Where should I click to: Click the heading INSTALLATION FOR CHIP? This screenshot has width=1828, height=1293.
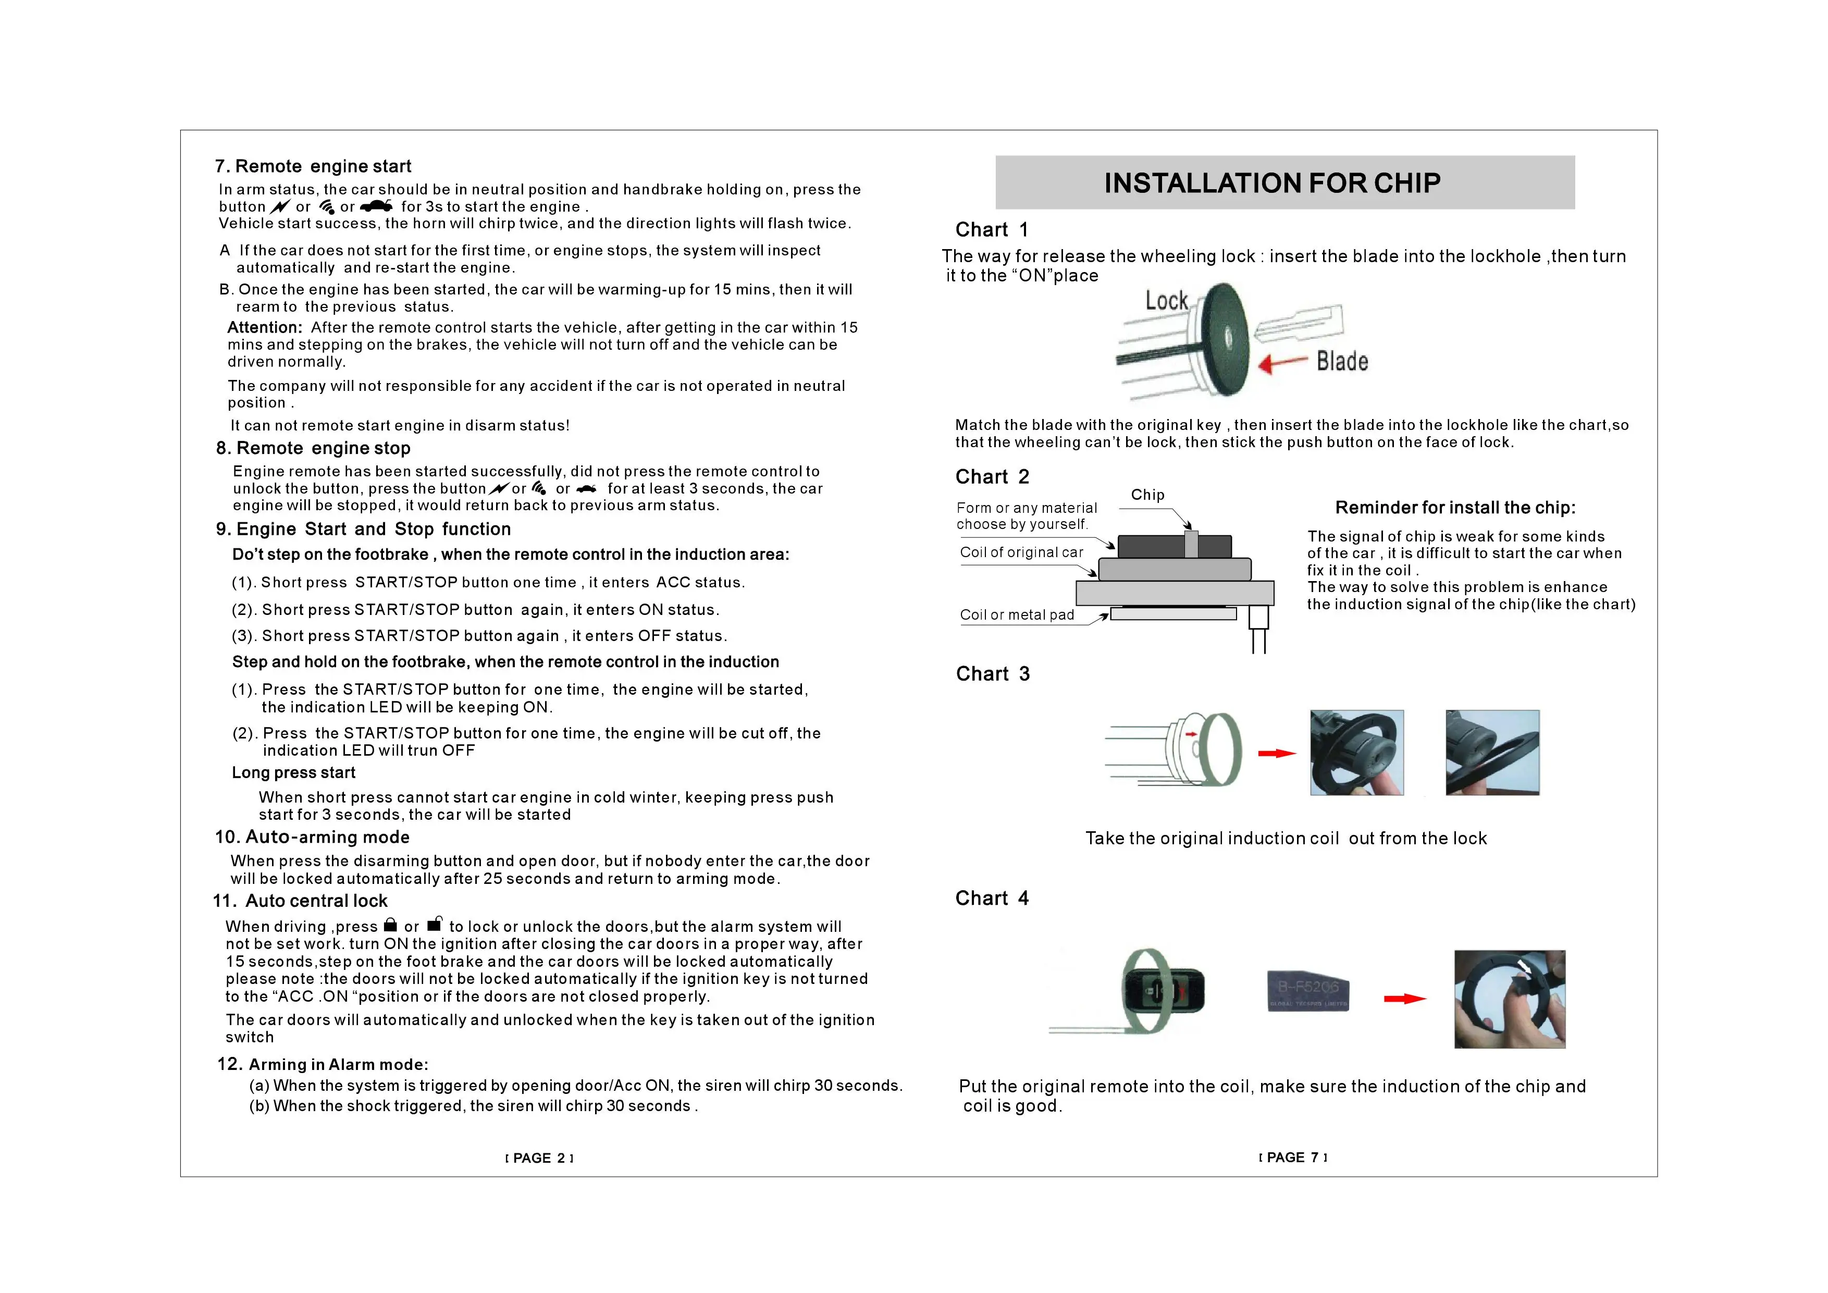[x=1271, y=183]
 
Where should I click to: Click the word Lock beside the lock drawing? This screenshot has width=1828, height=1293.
[x=1166, y=301]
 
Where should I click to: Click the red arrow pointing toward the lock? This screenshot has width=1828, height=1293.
[x=1282, y=364]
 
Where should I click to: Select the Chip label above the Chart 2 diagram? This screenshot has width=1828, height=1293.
[x=1147, y=495]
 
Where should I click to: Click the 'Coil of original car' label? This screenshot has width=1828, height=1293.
[x=1021, y=552]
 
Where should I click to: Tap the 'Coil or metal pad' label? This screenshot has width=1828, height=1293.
[x=1017, y=614]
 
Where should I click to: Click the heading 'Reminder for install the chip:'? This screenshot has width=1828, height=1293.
[x=1454, y=508]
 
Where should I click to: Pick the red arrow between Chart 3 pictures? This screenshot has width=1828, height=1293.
[x=1276, y=753]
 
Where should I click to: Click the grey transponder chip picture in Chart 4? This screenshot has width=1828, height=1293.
[x=1308, y=991]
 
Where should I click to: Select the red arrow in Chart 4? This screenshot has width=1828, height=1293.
[x=1404, y=999]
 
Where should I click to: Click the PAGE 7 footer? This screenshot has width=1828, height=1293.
[x=1293, y=1157]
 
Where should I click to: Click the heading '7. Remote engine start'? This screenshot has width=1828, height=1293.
[x=313, y=166]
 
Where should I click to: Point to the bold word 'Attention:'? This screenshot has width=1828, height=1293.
[x=264, y=328]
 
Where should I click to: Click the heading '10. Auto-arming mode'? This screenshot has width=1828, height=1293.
[x=312, y=837]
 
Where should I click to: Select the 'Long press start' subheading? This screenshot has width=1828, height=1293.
[x=293, y=773]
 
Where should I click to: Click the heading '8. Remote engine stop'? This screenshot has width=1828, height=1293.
[x=313, y=448]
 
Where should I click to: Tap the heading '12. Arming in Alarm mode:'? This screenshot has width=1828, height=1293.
[x=323, y=1065]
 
